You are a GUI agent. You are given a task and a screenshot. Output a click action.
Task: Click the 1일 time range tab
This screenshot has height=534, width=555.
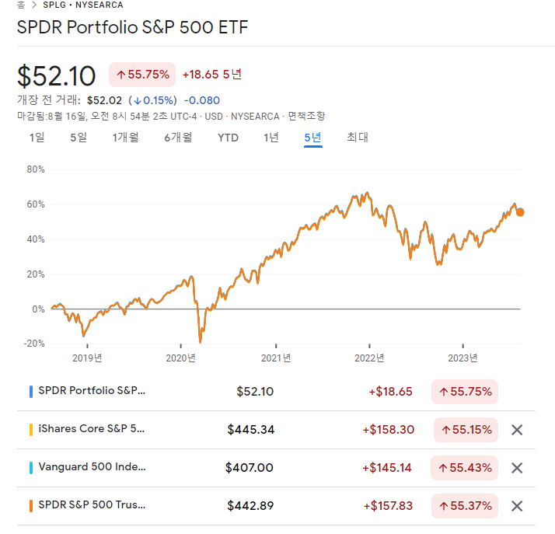coord(37,138)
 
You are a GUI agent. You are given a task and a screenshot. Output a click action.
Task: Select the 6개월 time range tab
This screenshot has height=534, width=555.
coord(178,138)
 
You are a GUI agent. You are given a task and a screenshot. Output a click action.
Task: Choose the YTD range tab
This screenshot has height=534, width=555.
coord(228,138)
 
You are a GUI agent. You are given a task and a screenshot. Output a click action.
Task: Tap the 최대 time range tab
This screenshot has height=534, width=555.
coord(357,138)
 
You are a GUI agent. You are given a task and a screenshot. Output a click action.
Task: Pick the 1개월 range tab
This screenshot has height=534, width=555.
coord(125,138)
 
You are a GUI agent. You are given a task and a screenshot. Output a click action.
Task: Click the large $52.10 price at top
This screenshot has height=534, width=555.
coord(57,75)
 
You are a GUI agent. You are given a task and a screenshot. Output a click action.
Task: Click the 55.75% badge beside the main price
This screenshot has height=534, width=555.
coord(142,75)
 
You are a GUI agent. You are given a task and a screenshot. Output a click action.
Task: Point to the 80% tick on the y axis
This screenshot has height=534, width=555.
coord(36,169)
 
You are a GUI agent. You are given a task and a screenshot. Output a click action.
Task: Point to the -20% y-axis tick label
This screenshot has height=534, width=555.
coord(34,344)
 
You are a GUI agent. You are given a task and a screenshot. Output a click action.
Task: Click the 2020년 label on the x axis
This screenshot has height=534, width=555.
coord(181,358)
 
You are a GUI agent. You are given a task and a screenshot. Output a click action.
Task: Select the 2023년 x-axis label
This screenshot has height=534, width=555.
coord(463,358)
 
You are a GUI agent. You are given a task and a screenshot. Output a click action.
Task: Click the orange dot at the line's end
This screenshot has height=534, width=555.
coord(520,211)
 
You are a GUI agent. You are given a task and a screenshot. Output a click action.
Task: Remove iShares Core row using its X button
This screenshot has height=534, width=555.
coord(517,429)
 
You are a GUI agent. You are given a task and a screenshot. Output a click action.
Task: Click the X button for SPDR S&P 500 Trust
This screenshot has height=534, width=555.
coord(517,506)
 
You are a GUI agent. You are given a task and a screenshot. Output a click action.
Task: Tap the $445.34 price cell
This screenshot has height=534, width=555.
coord(250,429)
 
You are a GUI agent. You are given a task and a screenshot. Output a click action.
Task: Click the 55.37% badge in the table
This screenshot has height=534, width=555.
coord(465,506)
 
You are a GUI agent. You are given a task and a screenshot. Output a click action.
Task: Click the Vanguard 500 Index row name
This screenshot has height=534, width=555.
coord(92,467)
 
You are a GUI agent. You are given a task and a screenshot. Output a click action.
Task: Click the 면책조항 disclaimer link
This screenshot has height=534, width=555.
coord(306,116)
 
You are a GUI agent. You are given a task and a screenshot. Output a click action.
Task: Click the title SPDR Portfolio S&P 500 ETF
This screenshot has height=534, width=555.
coord(133,27)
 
